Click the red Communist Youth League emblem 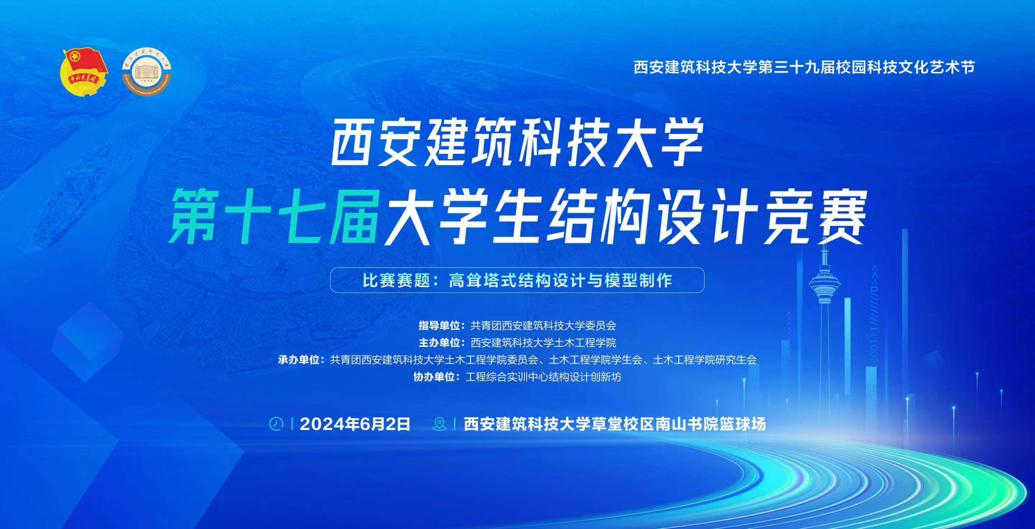click(84, 71)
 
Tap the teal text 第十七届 click(274, 216)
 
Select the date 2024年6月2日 click(355, 424)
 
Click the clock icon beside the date click(276, 424)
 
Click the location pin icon click(440, 424)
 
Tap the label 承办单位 click(299, 360)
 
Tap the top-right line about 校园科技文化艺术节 click(804, 67)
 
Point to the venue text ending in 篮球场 click(615, 424)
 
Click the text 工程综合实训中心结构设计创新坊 click(543, 377)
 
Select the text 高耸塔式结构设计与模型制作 click(560, 280)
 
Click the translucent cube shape click(87, 341)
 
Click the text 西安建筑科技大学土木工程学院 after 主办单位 click(543, 343)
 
